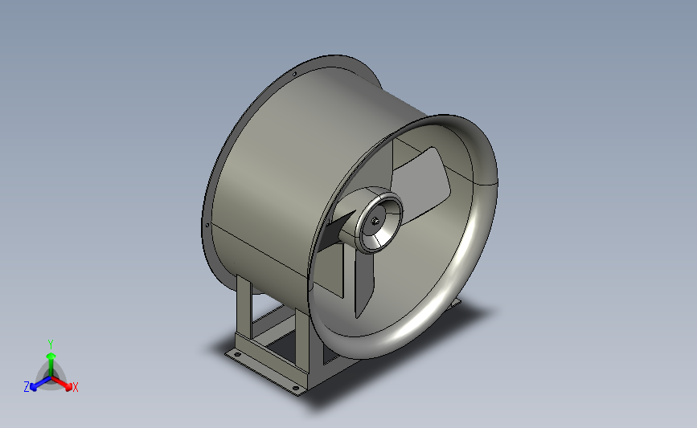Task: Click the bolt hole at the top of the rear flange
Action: coord(297,75)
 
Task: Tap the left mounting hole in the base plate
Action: coord(236,353)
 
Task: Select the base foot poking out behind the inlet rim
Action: coord(457,302)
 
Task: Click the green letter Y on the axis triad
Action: coord(50,343)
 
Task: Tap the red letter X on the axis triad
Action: coord(75,388)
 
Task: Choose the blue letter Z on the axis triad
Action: coord(27,387)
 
